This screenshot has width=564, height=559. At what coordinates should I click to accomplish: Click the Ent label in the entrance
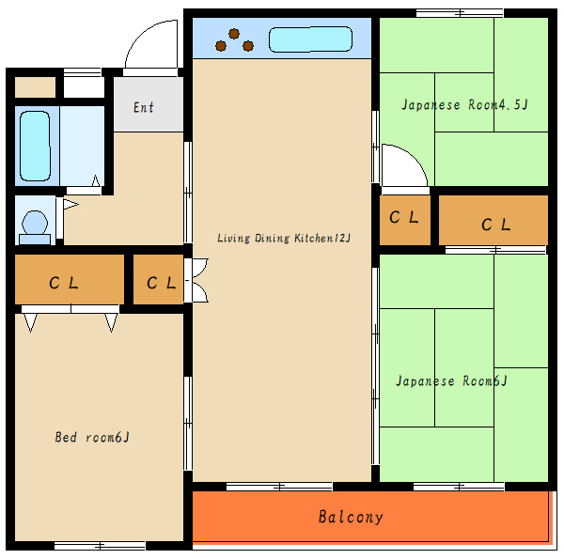pyautogui.click(x=144, y=107)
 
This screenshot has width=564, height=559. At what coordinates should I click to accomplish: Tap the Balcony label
pyautogui.click(x=351, y=517)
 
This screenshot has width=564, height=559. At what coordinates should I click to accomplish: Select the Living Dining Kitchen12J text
pyautogui.click(x=284, y=238)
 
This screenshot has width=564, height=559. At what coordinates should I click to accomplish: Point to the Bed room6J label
pyautogui.click(x=92, y=437)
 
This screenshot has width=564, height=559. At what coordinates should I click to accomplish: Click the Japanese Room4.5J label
pyautogui.click(x=464, y=104)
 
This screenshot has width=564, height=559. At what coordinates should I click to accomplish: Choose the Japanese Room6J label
pyautogui.click(x=451, y=380)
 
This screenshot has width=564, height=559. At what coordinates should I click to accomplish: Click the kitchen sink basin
pyautogui.click(x=310, y=39)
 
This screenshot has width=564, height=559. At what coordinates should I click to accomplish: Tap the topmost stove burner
pyautogui.click(x=234, y=34)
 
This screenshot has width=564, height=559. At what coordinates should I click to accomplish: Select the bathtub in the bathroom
pyautogui.click(x=35, y=146)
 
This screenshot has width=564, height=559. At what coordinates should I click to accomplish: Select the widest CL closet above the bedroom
pyautogui.click(x=70, y=279)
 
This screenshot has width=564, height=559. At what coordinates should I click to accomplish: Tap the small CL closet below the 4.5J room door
pyautogui.click(x=405, y=220)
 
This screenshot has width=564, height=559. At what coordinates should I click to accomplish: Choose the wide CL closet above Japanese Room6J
pyautogui.click(x=493, y=220)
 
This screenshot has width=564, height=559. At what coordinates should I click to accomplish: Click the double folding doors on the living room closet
pyautogui.click(x=196, y=280)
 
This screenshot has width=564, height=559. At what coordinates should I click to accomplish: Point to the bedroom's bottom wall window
pyautogui.click(x=100, y=546)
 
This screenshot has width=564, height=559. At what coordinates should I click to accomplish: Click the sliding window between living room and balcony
pyautogui.click(x=279, y=487)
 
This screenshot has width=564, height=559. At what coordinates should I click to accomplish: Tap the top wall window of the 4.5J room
pyautogui.click(x=460, y=13)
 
